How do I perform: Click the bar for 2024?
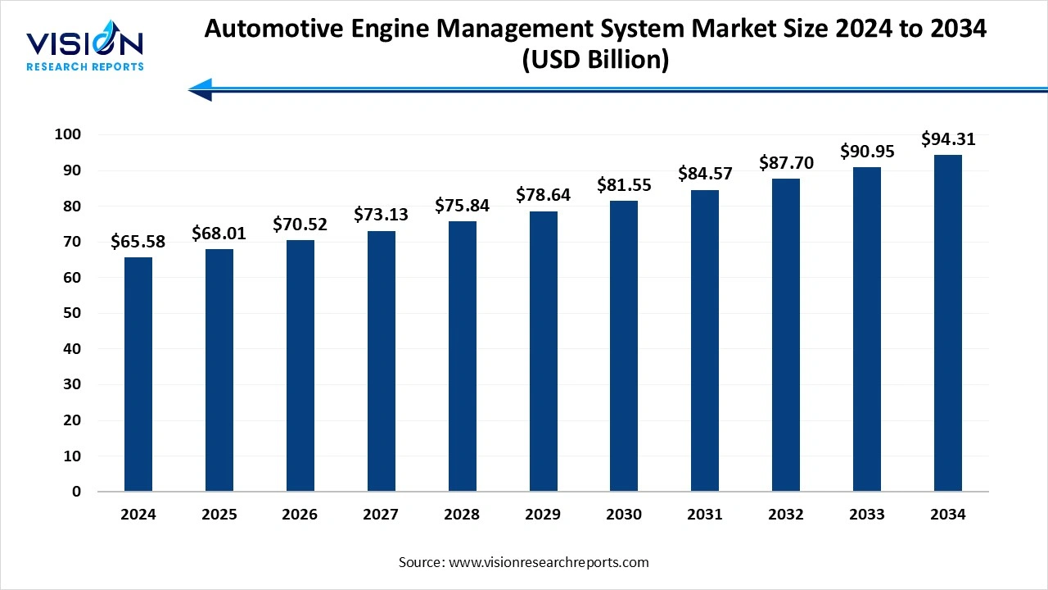pyautogui.click(x=138, y=374)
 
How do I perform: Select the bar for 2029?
pyautogui.click(x=544, y=352)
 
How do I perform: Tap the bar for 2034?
pyautogui.click(x=948, y=323)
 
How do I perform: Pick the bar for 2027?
pyautogui.click(x=382, y=361)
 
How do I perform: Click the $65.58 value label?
pyautogui.click(x=138, y=242)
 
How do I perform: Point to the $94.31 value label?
pyautogui.click(x=948, y=139)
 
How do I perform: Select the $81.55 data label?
pyautogui.click(x=624, y=185)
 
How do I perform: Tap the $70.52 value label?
pyautogui.click(x=300, y=225)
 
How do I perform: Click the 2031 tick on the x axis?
pyautogui.click(x=705, y=515)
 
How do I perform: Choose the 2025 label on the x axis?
pyautogui.click(x=219, y=515)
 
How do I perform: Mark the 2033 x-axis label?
pyautogui.click(x=867, y=515)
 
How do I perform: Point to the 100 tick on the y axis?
pyautogui.click(x=68, y=134)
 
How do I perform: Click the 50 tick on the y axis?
pyautogui.click(x=72, y=313)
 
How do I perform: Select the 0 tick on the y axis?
pyautogui.click(x=76, y=492)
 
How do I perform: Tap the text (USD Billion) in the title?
pyautogui.click(x=595, y=60)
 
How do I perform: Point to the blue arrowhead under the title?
pyautogui.click(x=201, y=89)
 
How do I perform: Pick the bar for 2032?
pyautogui.click(x=786, y=335)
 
